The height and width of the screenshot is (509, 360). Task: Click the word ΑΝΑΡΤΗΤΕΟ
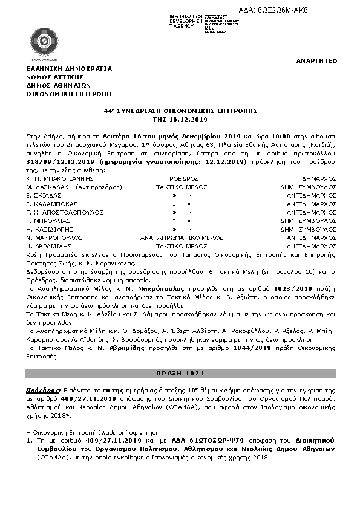click(x=316, y=61)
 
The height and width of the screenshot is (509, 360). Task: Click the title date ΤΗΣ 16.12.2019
click(x=180, y=120)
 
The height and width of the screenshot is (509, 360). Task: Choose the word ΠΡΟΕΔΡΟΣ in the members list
click(x=182, y=179)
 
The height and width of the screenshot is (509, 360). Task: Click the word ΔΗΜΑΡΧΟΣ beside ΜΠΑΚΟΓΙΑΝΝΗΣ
click(x=320, y=179)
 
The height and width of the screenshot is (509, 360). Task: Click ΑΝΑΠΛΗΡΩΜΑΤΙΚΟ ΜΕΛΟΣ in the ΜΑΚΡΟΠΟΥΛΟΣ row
click(x=182, y=238)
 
